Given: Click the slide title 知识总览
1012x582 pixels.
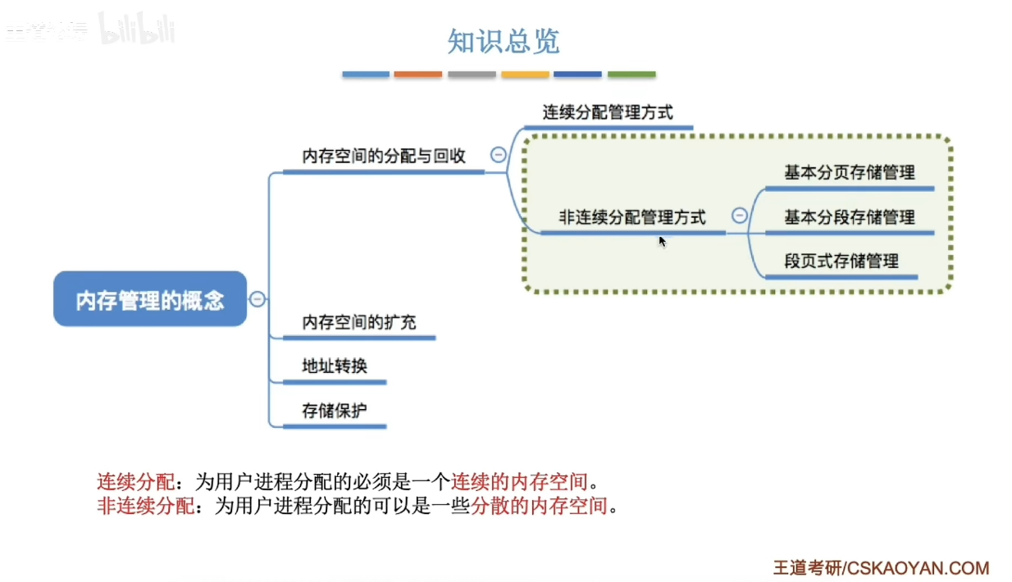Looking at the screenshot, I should coord(503,40).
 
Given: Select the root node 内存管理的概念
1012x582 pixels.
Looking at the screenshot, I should coord(150,300).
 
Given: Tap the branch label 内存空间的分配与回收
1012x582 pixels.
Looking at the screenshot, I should coord(383,156).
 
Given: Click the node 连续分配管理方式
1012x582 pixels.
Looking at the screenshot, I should coord(608,112).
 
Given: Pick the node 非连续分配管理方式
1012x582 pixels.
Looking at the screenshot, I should coord(631,217).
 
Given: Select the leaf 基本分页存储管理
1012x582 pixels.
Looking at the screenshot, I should coord(849,173).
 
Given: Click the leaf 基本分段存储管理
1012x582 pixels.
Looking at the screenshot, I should coord(849,217).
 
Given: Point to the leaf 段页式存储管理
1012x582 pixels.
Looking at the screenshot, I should coord(841,261).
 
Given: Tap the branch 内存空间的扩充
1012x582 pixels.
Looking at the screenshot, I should coord(358,322).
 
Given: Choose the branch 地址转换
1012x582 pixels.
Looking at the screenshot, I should coord(334,366).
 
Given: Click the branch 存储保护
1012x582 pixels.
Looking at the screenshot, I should coord(334,410).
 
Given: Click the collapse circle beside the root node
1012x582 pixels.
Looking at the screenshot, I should coord(258,299).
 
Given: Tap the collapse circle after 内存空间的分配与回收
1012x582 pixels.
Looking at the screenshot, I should coord(498,154).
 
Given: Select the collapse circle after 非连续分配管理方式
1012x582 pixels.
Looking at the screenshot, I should coord(739,216).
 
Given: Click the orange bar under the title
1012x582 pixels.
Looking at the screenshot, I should coord(417,75).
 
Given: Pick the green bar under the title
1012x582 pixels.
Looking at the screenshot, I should coord(631,75).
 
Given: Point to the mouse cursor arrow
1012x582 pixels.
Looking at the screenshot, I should coord(662,240).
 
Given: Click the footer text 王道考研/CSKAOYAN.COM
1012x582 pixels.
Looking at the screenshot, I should coord(881,568).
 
